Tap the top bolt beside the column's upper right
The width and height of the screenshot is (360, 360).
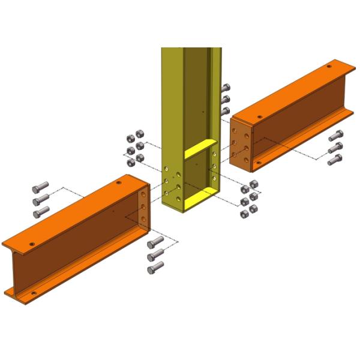click(x=226, y=88)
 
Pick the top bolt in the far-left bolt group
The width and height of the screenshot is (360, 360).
click(x=40, y=188)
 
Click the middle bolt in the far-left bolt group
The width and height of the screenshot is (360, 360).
click(x=40, y=199)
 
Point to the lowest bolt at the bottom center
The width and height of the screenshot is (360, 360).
click(x=155, y=266)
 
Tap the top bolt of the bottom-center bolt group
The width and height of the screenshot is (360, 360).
click(x=155, y=242)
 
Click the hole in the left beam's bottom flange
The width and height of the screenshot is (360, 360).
click(x=33, y=293)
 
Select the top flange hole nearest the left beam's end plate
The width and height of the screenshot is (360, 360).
click(x=119, y=183)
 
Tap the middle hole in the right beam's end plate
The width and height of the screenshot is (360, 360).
click(x=246, y=145)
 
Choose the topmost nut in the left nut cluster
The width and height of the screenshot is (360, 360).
click(x=137, y=133)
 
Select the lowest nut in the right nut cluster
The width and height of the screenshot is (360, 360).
click(x=244, y=214)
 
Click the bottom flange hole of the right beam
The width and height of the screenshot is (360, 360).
click(x=259, y=163)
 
